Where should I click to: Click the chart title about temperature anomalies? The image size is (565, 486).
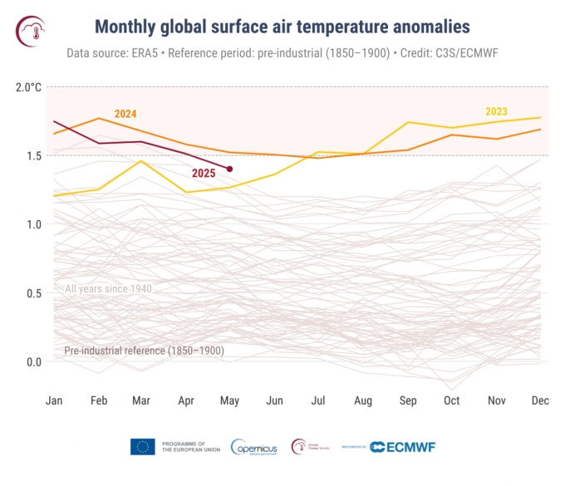282,27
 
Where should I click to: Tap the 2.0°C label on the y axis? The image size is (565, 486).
28,86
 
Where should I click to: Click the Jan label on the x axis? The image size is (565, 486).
54,400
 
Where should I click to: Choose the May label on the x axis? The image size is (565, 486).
229,400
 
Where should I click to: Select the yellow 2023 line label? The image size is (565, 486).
497,111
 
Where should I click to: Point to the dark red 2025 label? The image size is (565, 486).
204,173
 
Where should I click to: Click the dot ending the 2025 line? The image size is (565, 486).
229,169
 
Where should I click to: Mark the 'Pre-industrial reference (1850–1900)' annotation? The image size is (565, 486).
144,351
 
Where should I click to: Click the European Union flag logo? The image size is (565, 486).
142,447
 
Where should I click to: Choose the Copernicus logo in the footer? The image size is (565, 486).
254,447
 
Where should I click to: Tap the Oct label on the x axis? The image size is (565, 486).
451,400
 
